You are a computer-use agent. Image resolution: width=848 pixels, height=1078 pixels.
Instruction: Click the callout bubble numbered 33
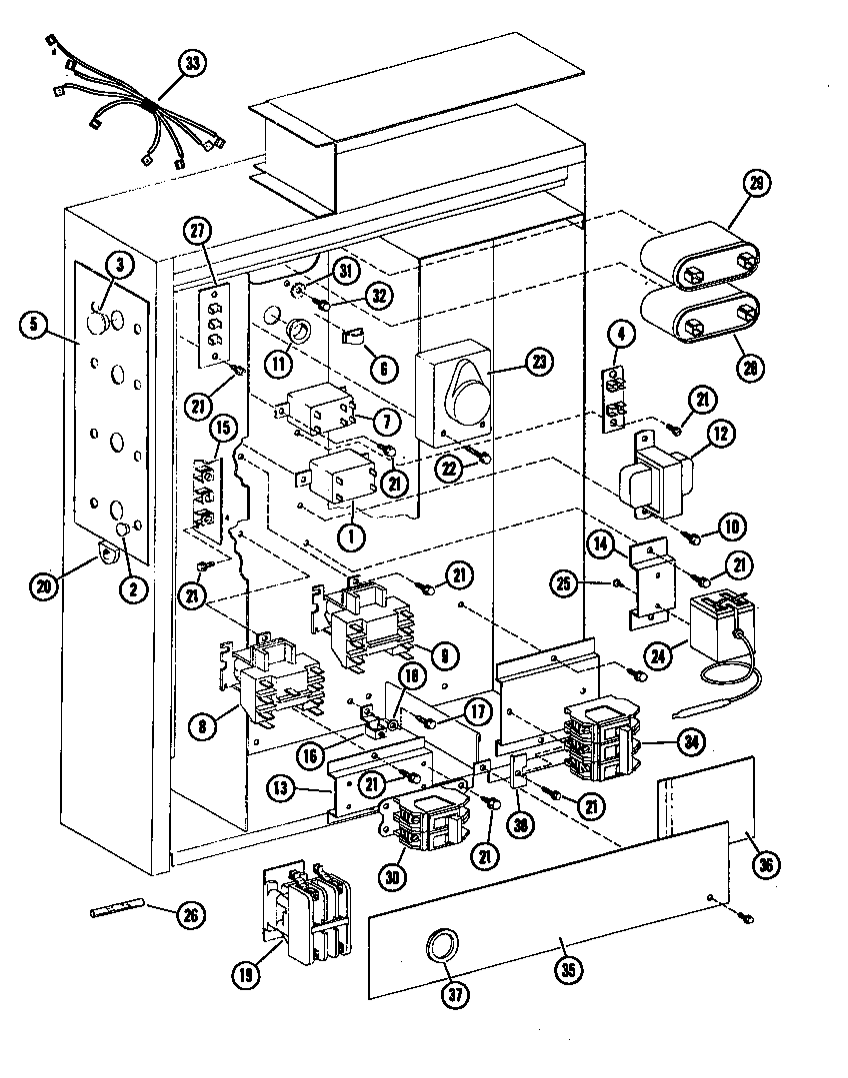191,63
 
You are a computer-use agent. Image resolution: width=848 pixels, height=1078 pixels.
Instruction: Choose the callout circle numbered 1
351,535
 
